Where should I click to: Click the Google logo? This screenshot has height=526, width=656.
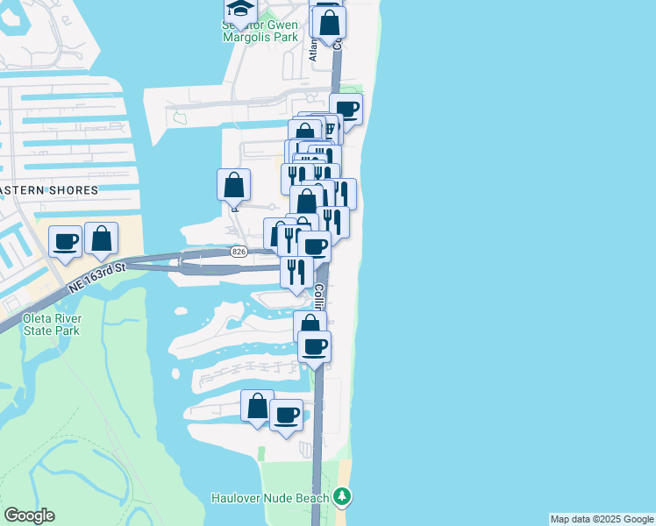click(x=29, y=515)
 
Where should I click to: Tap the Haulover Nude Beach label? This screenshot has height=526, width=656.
click(x=270, y=498)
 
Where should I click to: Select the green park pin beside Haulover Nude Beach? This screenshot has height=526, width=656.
click(x=341, y=498)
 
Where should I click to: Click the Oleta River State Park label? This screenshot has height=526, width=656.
click(x=53, y=324)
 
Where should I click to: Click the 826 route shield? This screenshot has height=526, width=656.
click(x=239, y=252)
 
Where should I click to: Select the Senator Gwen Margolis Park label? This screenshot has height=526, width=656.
click(x=260, y=32)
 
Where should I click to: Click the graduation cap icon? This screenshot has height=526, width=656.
click(x=239, y=9)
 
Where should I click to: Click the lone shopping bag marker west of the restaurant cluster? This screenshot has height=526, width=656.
click(x=233, y=184)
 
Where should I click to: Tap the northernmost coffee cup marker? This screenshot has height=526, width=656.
click(x=346, y=109)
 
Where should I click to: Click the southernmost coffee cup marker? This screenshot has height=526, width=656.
click(x=286, y=414)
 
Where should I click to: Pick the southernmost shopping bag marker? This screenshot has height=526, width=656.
click(x=257, y=406)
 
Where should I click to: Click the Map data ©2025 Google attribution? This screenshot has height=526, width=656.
click(x=601, y=519)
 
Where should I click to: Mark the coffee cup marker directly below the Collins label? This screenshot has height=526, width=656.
click(x=314, y=345)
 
